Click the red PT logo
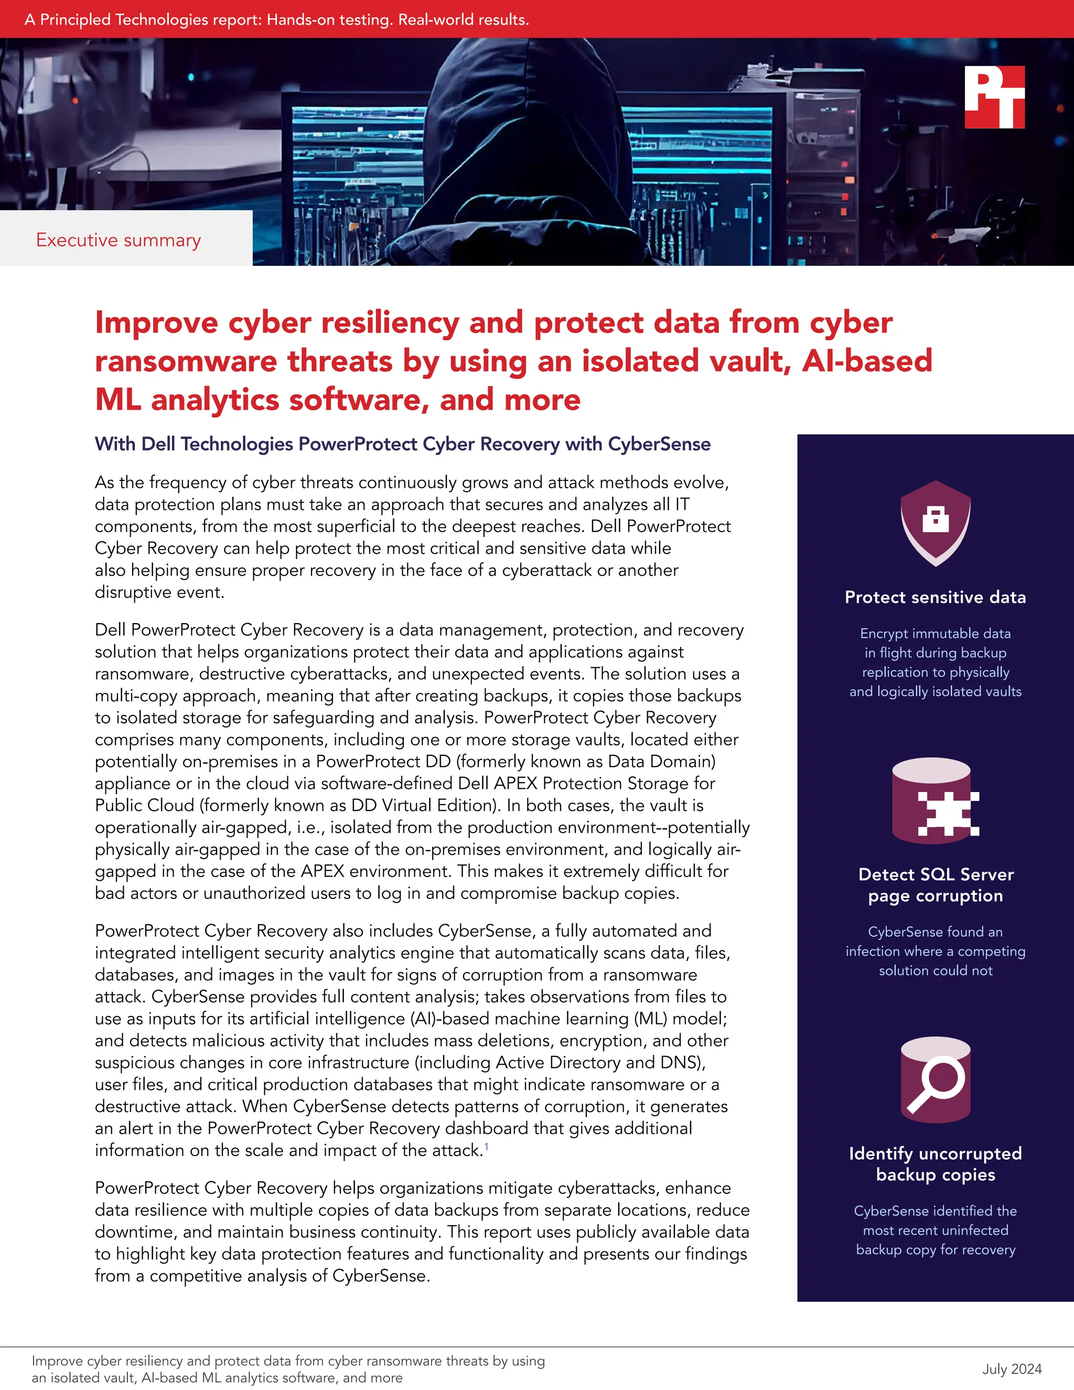(994, 98)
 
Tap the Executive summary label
(119, 240)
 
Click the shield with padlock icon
(936, 522)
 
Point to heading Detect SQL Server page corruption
(936, 885)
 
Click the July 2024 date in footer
(1012, 1368)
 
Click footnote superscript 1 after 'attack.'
(487, 1146)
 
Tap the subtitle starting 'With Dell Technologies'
(402, 444)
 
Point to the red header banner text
(277, 19)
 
